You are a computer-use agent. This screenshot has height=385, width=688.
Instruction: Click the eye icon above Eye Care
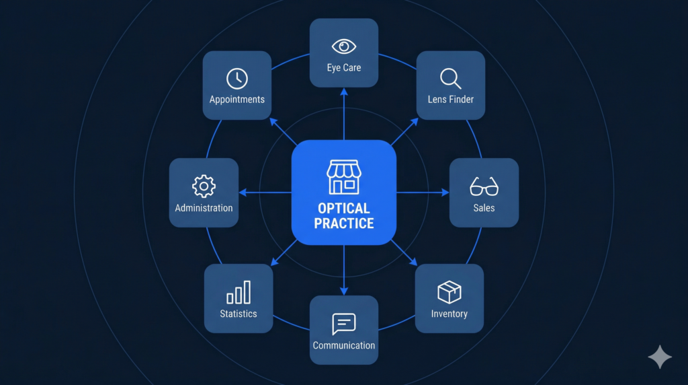[344, 46]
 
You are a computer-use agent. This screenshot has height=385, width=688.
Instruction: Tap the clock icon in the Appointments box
[236, 78]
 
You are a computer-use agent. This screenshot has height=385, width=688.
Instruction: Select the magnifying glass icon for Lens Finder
[450, 79]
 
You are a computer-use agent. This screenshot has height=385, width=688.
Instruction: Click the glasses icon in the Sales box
[484, 186]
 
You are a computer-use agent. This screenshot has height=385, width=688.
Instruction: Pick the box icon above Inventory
[449, 292]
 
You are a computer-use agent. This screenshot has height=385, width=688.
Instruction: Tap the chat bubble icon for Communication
[343, 324]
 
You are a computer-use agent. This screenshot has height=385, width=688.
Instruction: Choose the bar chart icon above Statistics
[239, 292]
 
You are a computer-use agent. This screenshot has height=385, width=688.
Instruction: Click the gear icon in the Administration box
[204, 186]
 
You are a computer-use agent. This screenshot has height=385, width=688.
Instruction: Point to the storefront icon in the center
[344, 177]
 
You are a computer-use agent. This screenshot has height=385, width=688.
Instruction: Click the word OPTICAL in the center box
[344, 209]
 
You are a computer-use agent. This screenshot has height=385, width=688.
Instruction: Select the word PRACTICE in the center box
[344, 223]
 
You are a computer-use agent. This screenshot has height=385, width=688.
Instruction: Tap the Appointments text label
[237, 100]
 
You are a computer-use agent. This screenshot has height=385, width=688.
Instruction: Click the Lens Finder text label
[451, 100]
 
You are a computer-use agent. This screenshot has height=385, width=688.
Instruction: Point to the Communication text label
[344, 345]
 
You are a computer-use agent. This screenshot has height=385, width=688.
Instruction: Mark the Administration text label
[204, 208]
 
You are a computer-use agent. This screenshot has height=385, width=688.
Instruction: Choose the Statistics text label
[239, 314]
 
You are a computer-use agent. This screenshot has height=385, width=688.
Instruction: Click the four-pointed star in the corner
[660, 357]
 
